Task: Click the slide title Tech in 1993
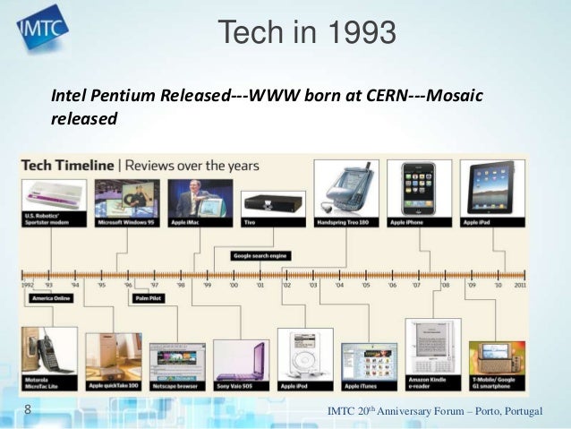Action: pyautogui.click(x=307, y=34)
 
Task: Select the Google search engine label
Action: pyautogui.click(x=260, y=255)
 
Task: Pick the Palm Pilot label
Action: pyautogui.click(x=148, y=298)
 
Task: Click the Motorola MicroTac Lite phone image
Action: pyautogui.click(x=47, y=354)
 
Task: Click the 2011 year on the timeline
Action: pyautogui.click(x=519, y=285)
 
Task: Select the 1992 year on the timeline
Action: pyautogui.click(x=30, y=285)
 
